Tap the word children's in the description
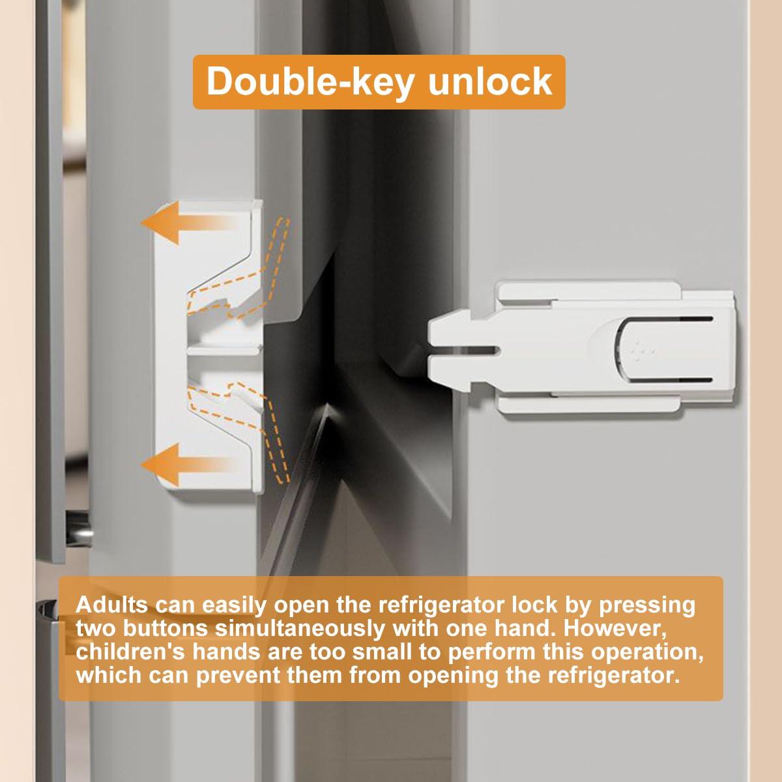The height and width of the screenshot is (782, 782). coord(130,652)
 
